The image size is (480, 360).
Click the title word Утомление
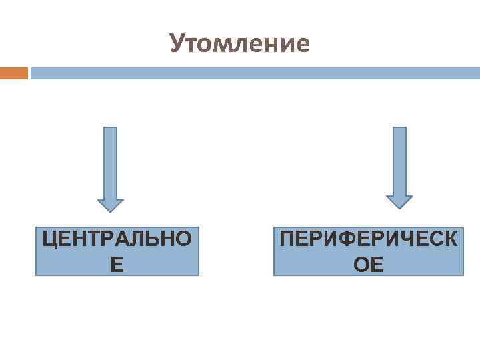(x=240, y=43)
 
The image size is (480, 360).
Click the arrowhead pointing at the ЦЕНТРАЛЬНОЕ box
(x=111, y=205)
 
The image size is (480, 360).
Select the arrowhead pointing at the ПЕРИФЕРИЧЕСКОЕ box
(x=399, y=202)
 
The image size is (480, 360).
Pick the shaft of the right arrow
(x=399, y=160)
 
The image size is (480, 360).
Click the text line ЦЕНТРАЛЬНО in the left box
(x=117, y=239)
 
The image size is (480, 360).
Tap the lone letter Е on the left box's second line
(x=117, y=265)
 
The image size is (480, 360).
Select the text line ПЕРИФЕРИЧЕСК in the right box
(x=369, y=239)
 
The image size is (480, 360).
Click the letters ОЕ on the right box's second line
(x=369, y=265)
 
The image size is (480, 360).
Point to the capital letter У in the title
(x=177, y=43)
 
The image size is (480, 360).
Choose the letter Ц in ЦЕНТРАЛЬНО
(x=50, y=239)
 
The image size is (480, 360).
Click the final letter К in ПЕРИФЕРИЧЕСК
(x=450, y=239)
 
